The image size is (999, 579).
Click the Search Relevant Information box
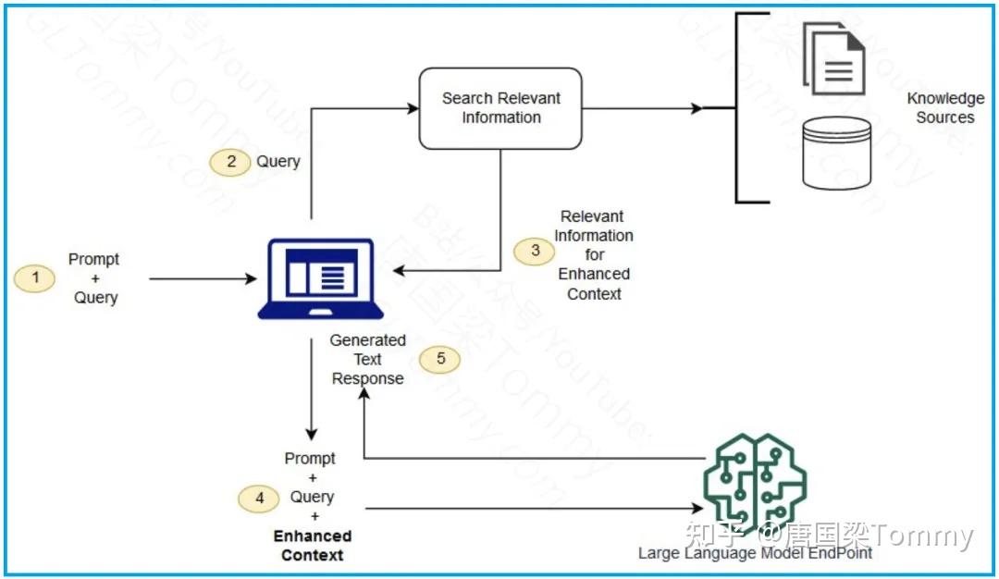[500, 108]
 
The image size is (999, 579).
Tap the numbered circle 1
[35, 278]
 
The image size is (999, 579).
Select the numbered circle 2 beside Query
[230, 162]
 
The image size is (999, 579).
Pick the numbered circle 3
[535, 251]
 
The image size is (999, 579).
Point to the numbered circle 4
[259, 499]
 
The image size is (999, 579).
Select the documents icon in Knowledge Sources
[833, 58]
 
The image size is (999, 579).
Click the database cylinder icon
[836, 153]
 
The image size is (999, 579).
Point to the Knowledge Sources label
[944, 108]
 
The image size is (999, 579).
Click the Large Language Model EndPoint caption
[755, 553]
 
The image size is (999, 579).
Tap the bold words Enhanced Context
[313, 546]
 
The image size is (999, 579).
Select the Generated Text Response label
[367, 359]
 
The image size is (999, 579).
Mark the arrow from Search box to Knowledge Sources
[642, 108]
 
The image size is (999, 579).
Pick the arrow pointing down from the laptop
[312, 388]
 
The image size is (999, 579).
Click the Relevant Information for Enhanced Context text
[594, 255]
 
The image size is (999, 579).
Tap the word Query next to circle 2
[278, 162]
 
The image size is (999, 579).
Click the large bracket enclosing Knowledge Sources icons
[740, 108]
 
